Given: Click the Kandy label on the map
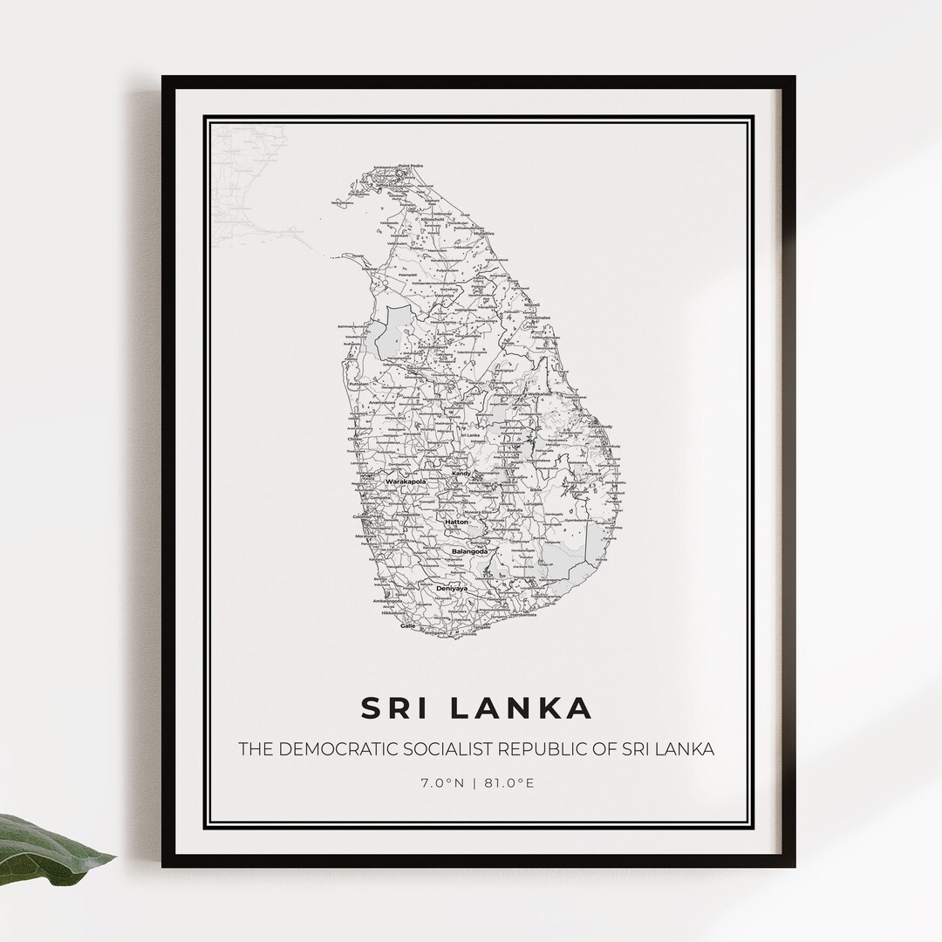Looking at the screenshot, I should [461, 474].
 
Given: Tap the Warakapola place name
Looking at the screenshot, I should [402, 481].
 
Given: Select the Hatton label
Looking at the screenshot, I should [456, 522].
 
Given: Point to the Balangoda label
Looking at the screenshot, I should [470, 551].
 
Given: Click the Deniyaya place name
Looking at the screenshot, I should [452, 589].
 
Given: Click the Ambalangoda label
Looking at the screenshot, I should [387, 601].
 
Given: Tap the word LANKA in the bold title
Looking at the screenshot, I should [523, 707].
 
